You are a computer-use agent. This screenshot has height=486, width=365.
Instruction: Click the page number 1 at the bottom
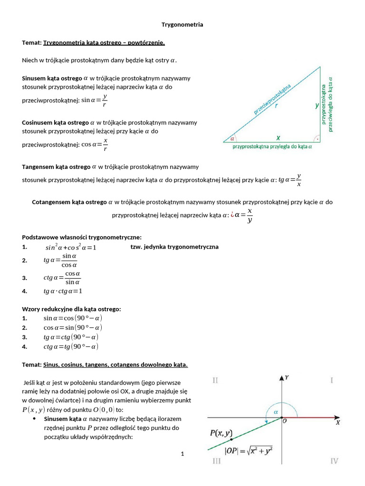[x=182, y=454]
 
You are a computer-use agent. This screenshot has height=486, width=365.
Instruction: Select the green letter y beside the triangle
[x=317, y=106]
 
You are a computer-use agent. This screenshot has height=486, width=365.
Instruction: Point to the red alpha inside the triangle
[x=232, y=139]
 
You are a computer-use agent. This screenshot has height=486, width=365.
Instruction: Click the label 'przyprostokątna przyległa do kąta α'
[x=272, y=147]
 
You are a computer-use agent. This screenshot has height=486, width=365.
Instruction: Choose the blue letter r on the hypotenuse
[x=276, y=106]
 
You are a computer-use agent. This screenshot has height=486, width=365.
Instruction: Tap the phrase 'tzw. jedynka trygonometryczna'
[x=174, y=247]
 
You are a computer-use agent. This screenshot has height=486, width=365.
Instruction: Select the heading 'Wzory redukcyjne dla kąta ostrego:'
[x=72, y=309]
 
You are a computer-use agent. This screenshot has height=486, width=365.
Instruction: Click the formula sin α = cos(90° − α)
[x=73, y=318]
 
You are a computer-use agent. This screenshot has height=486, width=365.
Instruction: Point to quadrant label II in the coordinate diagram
[x=215, y=380]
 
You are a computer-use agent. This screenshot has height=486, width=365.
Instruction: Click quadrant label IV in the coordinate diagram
[x=334, y=461]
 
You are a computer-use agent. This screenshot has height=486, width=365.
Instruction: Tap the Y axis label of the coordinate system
[x=287, y=377]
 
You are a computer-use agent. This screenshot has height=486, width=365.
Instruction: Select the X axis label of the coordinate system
[x=337, y=422]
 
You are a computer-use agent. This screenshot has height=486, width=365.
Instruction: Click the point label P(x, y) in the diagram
[x=221, y=433]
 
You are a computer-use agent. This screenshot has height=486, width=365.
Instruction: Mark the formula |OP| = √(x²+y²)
[x=249, y=451]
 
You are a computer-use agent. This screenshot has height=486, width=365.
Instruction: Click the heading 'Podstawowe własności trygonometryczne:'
[x=82, y=237]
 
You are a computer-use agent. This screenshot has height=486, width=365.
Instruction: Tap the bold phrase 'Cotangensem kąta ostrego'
[x=69, y=202]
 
